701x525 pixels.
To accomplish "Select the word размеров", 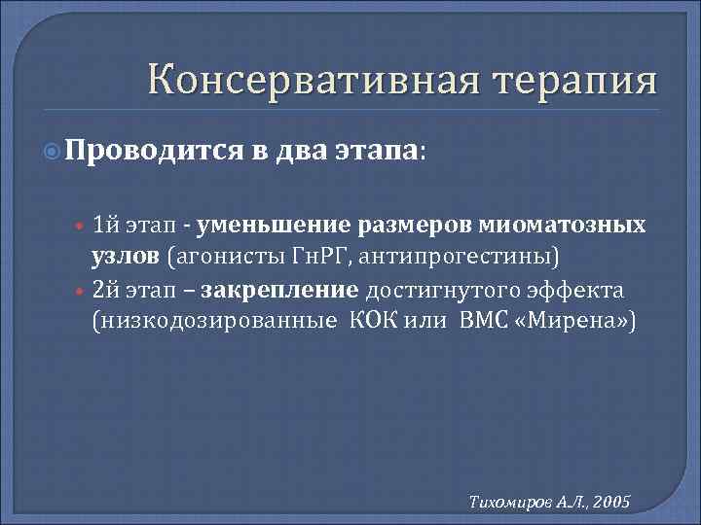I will point(398,226).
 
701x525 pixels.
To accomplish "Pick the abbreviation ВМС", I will point(482,320).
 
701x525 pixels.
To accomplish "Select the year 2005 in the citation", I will point(610,501).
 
